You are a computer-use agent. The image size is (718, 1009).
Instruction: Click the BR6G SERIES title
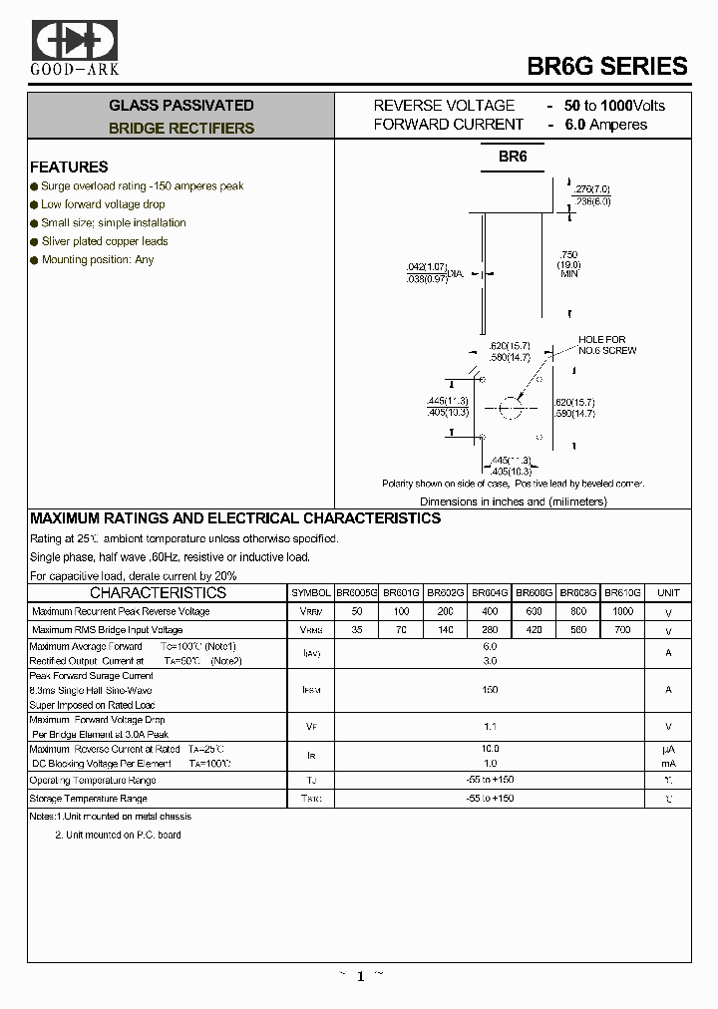(606, 67)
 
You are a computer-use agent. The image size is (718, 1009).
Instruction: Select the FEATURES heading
(69, 167)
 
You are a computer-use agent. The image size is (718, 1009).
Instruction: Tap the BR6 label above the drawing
(513, 157)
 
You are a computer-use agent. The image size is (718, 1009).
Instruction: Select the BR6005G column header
(356, 592)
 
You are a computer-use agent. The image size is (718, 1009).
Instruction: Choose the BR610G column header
(623, 592)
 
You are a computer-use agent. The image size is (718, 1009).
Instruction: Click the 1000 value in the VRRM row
(623, 610)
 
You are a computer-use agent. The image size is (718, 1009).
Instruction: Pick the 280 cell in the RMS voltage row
(490, 630)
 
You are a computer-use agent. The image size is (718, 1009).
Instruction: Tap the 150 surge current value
(490, 689)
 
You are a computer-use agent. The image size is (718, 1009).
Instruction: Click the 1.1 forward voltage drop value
(490, 727)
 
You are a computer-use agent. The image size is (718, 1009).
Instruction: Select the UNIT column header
(668, 592)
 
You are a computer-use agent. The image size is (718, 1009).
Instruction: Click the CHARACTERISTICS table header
(159, 592)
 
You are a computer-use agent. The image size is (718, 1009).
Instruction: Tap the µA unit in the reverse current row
(668, 748)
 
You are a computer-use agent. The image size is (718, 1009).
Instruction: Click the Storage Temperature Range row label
(89, 799)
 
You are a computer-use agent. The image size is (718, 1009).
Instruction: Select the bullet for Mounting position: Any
(34, 260)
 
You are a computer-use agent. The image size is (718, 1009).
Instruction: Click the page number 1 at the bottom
(360, 977)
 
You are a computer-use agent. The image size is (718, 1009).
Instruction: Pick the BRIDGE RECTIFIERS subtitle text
(181, 129)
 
